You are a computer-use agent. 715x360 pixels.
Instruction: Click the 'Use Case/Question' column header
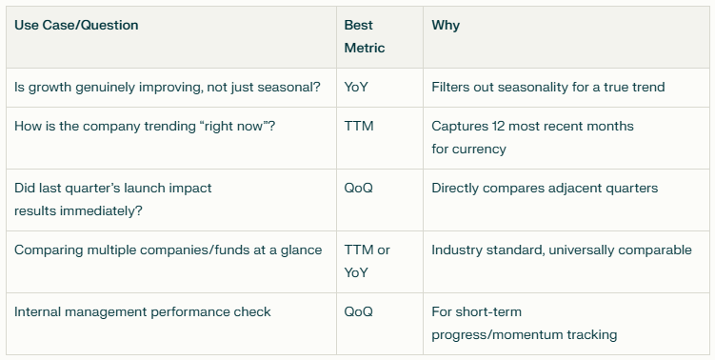[x=76, y=26]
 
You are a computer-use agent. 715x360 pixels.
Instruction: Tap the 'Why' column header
[x=446, y=26]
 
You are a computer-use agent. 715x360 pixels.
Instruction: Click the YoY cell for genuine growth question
[x=357, y=87]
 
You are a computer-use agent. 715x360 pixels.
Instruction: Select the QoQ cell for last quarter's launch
[x=359, y=188]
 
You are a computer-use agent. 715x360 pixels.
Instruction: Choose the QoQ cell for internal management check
[x=359, y=311]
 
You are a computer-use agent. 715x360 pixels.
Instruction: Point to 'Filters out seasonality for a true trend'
[x=547, y=87]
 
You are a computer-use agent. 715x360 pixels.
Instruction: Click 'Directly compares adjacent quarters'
[x=545, y=188]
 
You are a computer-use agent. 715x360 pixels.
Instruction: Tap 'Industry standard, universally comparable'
[x=562, y=250]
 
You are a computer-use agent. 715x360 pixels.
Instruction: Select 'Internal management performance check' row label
[x=143, y=311]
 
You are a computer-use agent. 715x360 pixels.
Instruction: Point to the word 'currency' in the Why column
[x=481, y=149]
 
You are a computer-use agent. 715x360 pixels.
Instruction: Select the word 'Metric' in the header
[x=365, y=48]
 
